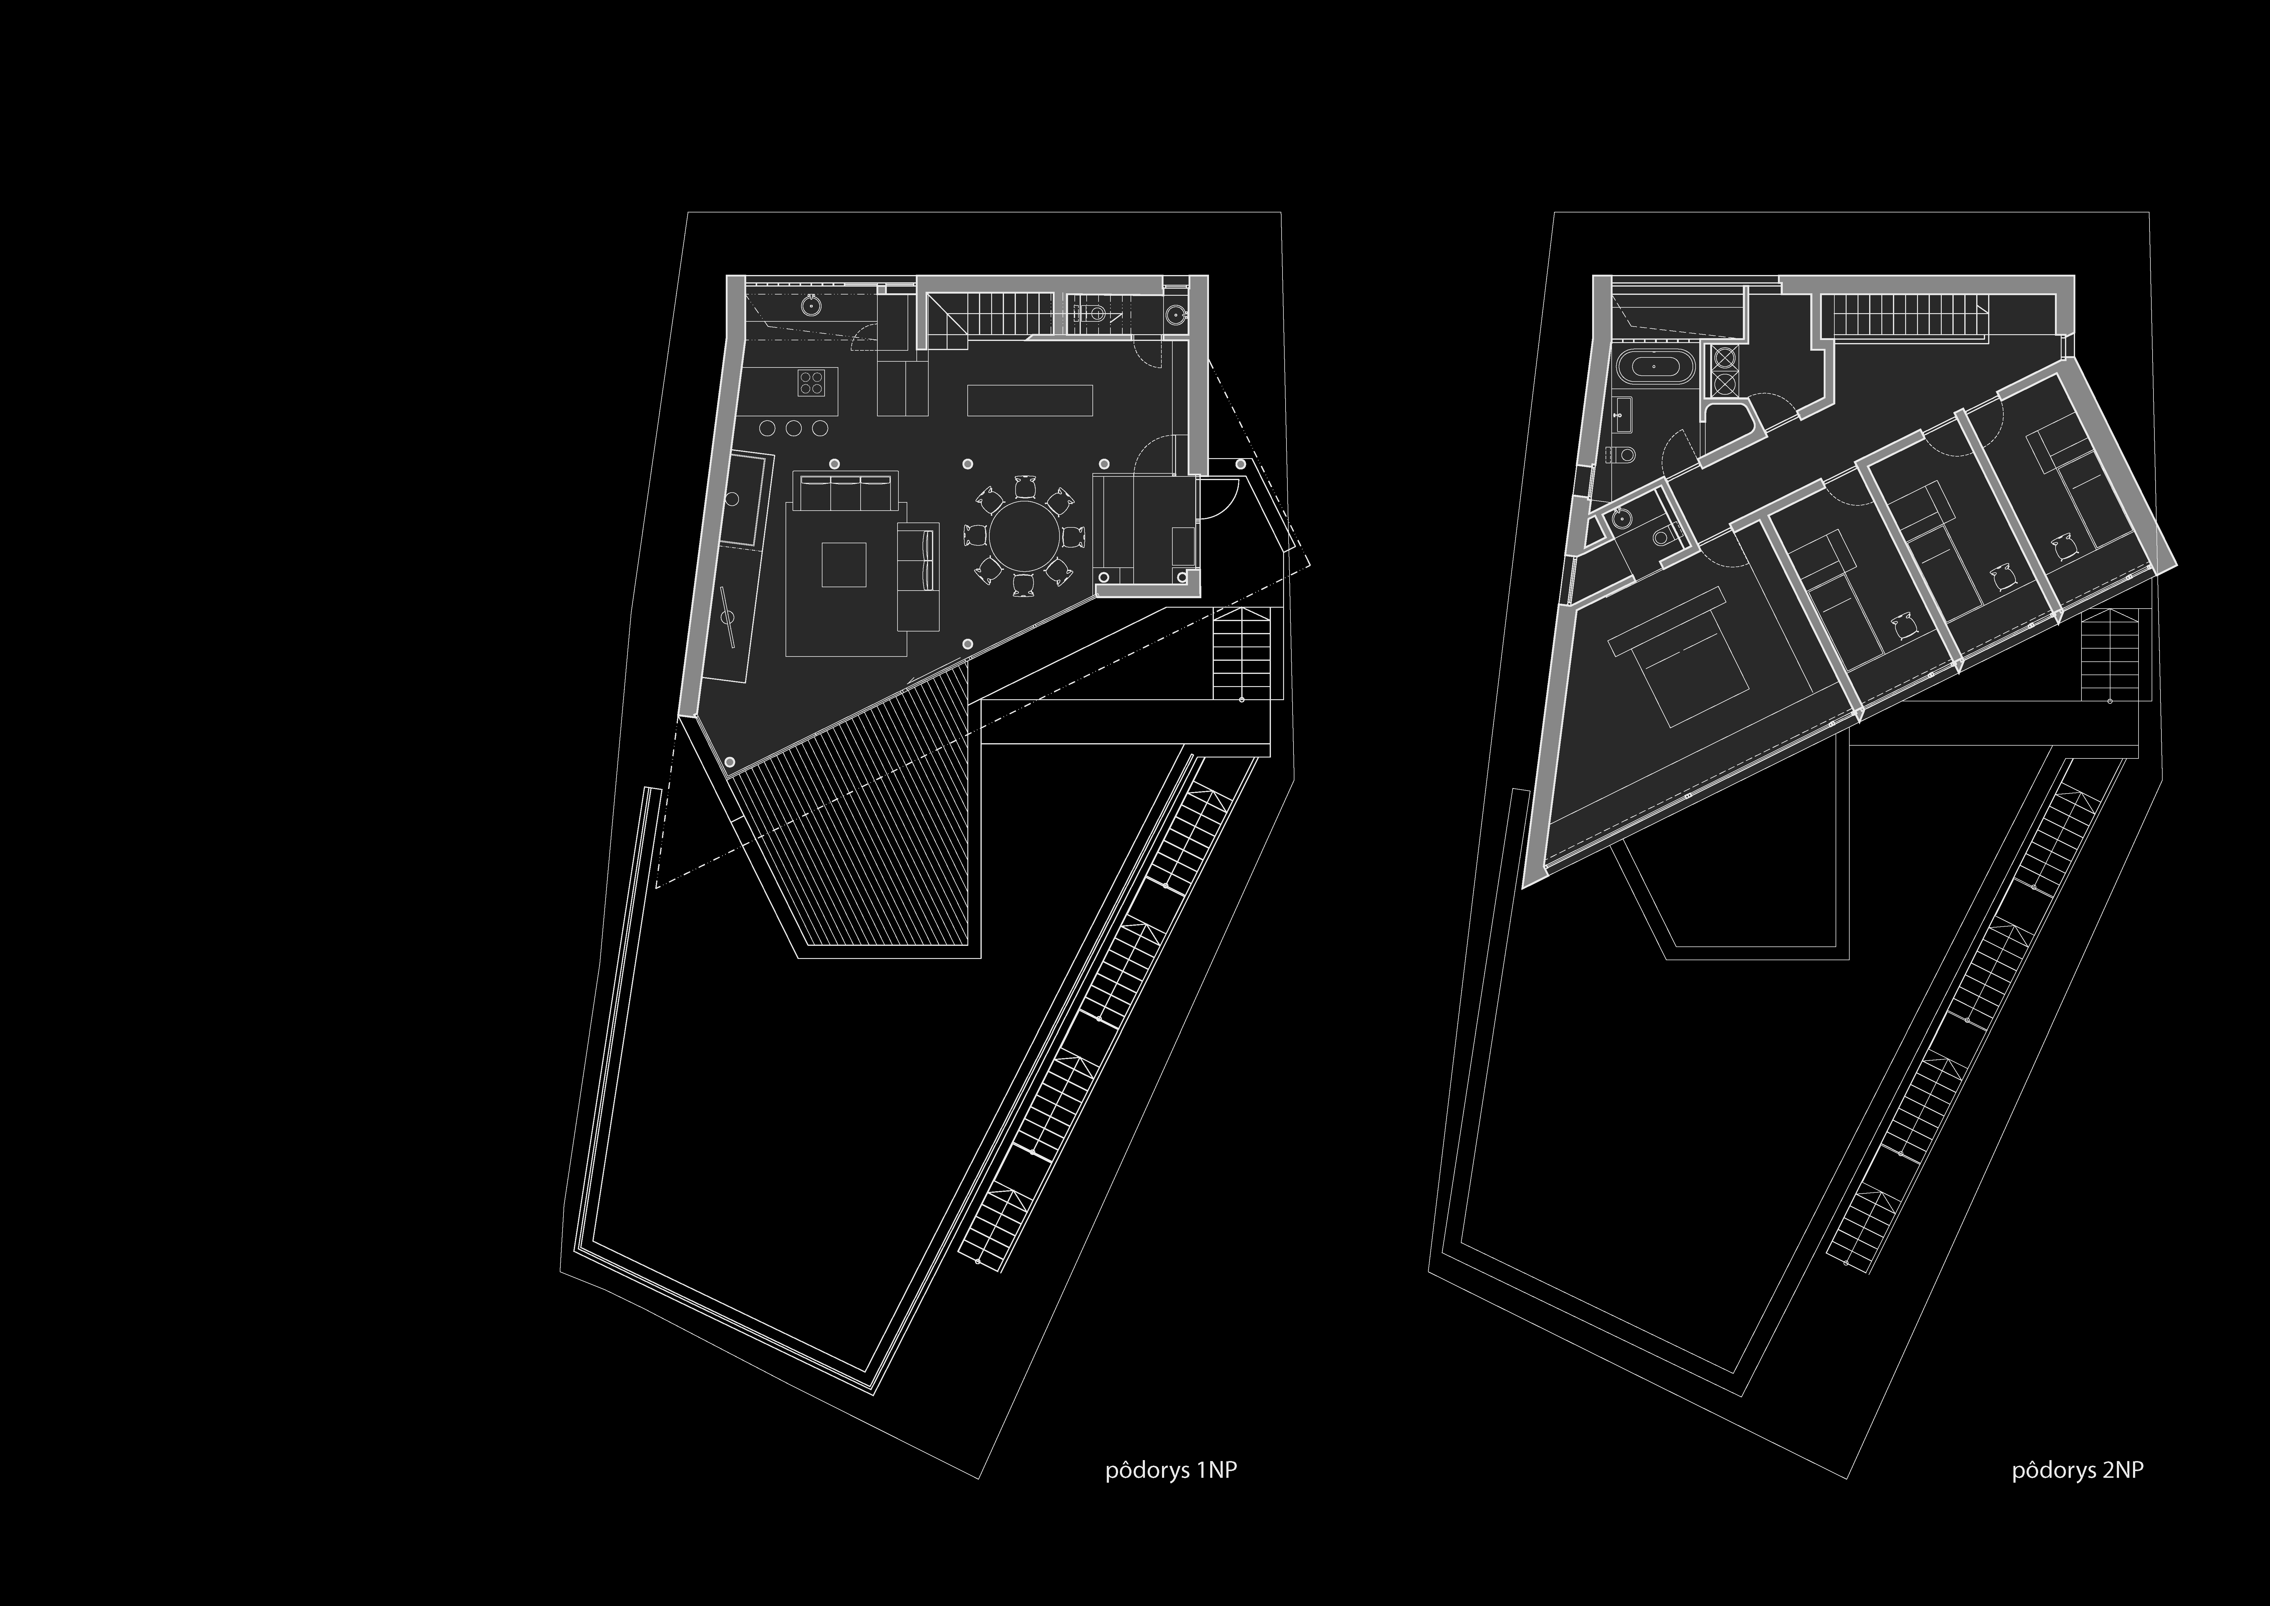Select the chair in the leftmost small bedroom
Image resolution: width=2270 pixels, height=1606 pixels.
[x=1903, y=626]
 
